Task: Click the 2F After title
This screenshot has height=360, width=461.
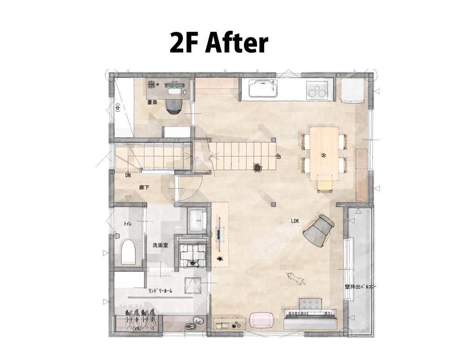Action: [219, 43]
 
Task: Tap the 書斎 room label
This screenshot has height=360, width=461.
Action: [152, 103]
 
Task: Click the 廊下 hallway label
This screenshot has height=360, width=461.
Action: [144, 187]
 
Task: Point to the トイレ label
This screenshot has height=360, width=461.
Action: [127, 224]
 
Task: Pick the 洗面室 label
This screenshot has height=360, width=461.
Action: [160, 245]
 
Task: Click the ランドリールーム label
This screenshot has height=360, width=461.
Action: [160, 291]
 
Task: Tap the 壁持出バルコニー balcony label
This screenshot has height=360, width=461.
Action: [360, 287]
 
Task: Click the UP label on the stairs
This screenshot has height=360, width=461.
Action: [279, 156]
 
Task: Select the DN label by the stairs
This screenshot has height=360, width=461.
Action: [128, 175]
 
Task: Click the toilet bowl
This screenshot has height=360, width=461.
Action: [128, 252]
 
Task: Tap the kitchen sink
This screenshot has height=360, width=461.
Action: [263, 89]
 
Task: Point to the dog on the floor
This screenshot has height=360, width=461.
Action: [295, 278]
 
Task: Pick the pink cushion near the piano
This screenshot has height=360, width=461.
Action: [262, 319]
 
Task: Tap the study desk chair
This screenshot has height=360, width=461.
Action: [174, 106]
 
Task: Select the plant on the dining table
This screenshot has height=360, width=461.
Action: [324, 156]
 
